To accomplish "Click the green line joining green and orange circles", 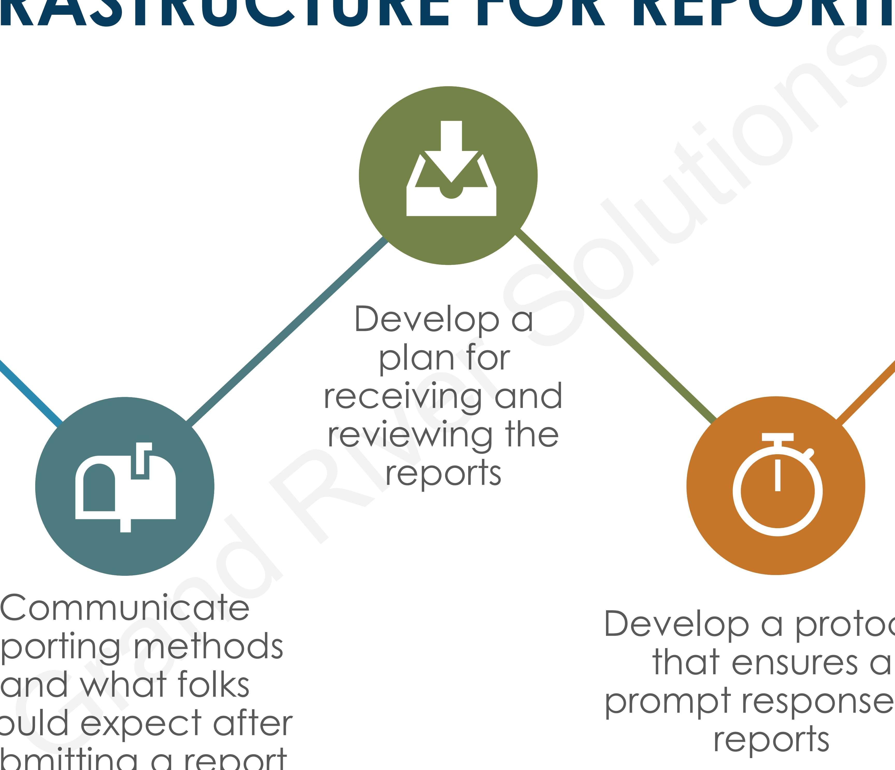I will [616, 326].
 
